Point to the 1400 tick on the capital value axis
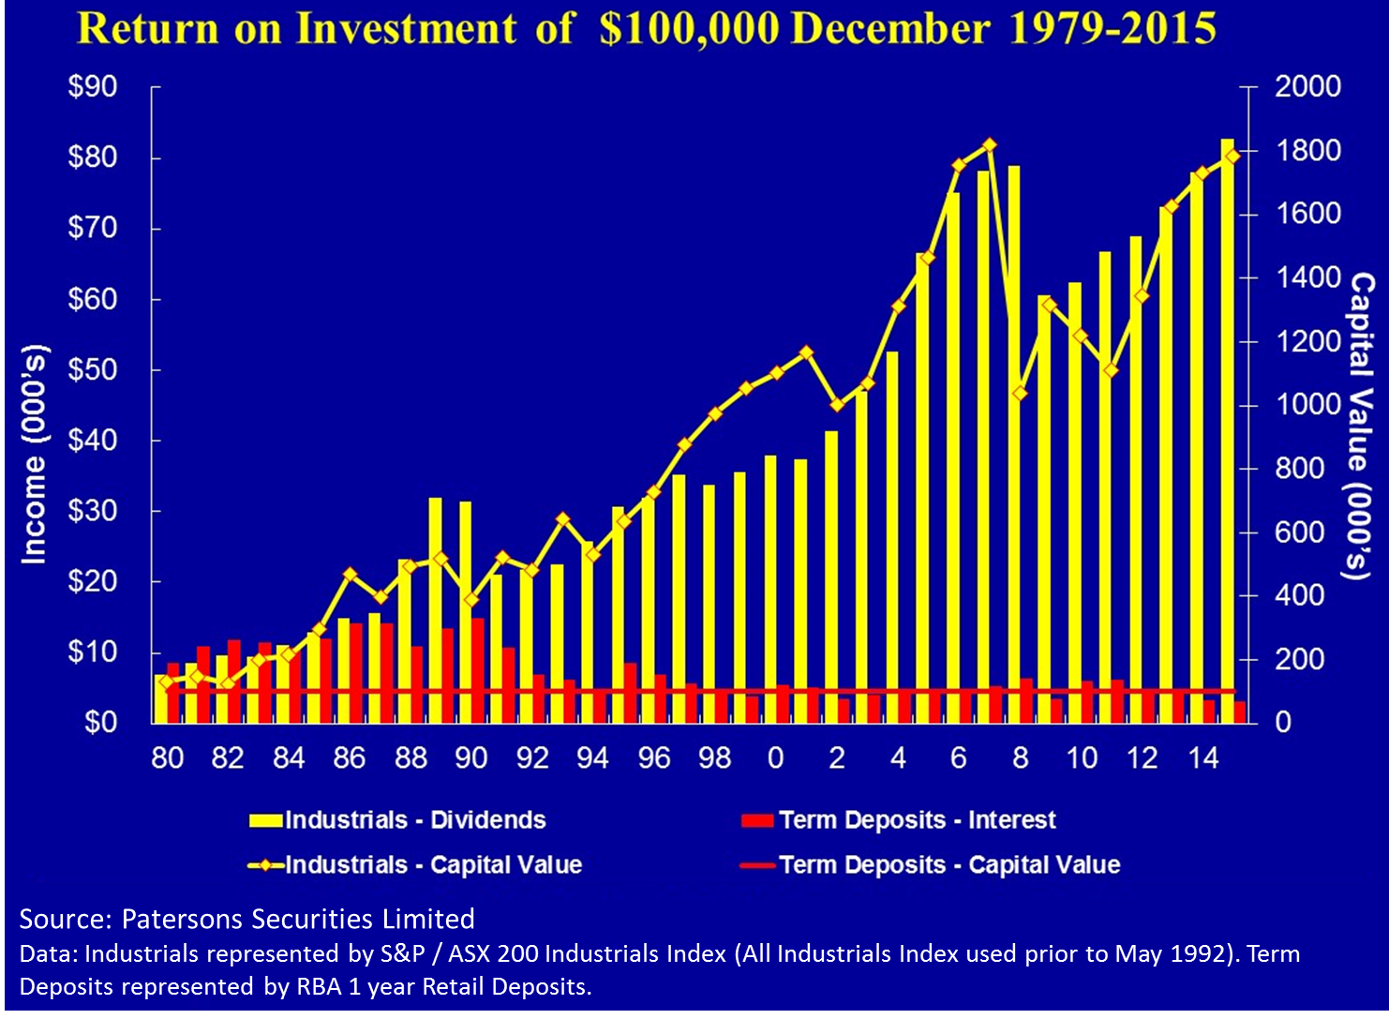1307,277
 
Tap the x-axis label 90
470,757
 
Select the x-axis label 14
1202,757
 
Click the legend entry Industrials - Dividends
414,820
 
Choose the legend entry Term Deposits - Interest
917,820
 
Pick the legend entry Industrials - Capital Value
433,864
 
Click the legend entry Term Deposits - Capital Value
948,864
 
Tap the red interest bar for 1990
478,670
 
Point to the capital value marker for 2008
1020,394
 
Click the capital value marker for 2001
806,353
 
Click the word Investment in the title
405,28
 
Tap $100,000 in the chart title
689,28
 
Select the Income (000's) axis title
34,455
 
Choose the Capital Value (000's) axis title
1361,427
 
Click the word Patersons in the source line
181,919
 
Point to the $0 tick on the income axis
100,723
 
